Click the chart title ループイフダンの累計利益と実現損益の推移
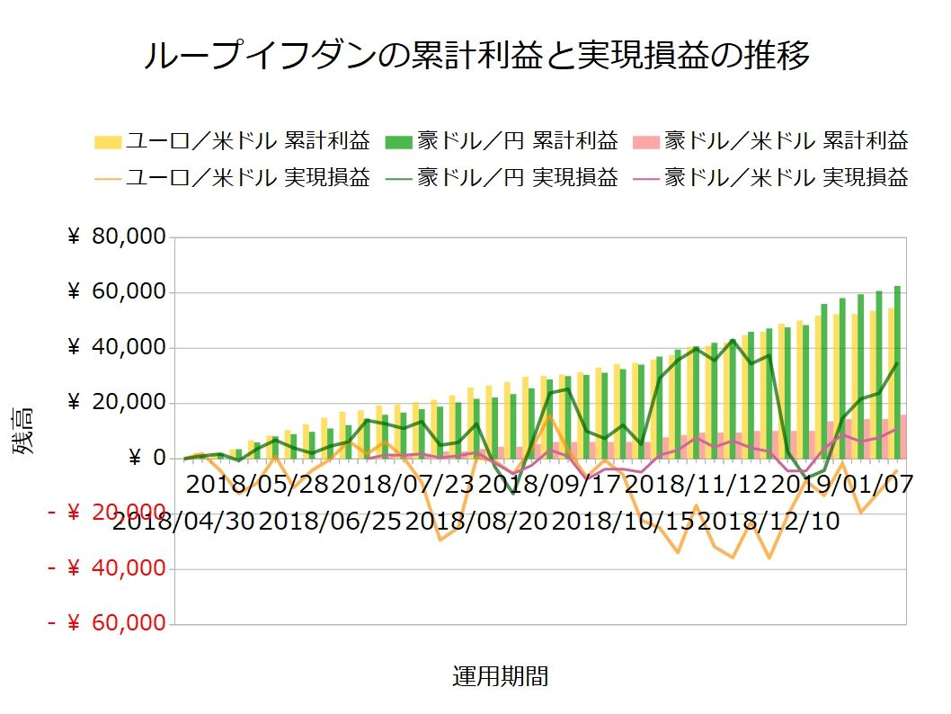(x=476, y=55)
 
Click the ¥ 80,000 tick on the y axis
(x=117, y=237)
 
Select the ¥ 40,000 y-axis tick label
(x=117, y=348)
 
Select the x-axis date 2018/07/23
(x=404, y=486)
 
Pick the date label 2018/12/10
(x=769, y=521)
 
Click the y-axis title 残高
(x=23, y=431)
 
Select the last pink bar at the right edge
(x=903, y=437)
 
